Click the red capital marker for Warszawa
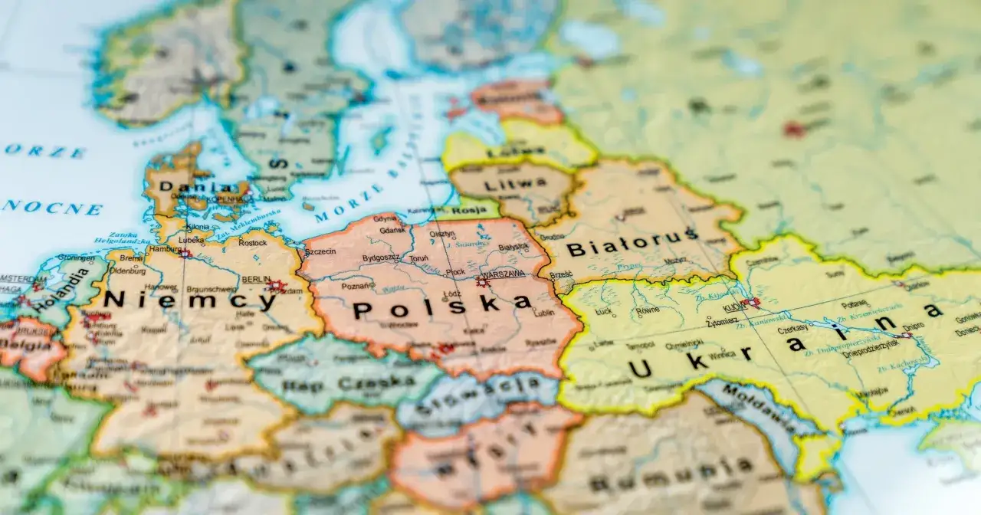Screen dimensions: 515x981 pos(482,281)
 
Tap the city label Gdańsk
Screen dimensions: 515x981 pos(392,230)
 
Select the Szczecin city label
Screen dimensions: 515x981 pos(320,251)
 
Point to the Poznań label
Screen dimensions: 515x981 pos(357,286)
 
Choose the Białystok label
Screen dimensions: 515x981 pos(513,247)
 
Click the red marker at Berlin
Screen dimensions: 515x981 pos(276,287)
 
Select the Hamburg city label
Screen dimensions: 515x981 pos(166,249)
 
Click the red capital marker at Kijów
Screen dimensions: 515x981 pos(750,302)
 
